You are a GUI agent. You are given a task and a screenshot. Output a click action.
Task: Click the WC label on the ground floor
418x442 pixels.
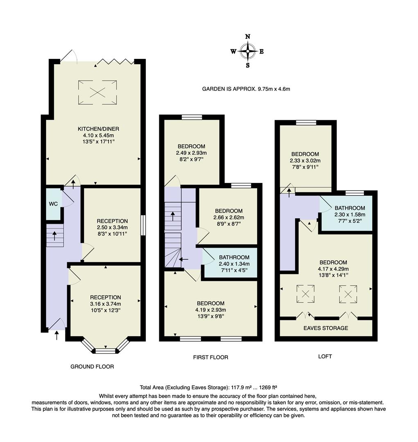point(54,203)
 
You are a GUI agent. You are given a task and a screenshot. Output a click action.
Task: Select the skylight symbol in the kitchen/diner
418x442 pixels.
point(97,92)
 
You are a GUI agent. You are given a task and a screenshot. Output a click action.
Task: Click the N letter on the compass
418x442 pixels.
point(248,36)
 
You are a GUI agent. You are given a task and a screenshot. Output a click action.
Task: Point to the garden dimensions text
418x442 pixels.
point(246,89)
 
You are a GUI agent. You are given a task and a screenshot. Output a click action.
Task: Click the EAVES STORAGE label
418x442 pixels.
point(325,328)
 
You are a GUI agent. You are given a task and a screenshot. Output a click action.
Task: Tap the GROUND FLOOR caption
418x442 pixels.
point(92,366)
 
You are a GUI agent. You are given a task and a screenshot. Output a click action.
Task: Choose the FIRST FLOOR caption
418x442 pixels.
point(210,357)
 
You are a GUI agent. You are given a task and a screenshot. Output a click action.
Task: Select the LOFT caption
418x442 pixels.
point(325,356)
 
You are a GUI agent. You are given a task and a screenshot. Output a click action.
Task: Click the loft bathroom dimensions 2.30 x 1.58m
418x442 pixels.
point(350,214)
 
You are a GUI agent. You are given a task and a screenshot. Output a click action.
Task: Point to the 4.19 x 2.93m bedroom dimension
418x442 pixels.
point(210,310)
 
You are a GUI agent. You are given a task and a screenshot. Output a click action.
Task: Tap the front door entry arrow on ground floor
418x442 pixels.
point(56,336)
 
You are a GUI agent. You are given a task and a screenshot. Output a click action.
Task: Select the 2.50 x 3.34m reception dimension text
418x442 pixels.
point(113,228)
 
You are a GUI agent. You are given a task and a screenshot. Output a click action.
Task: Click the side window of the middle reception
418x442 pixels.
point(143,225)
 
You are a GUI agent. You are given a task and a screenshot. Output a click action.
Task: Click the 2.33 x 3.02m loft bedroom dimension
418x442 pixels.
point(305,160)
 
